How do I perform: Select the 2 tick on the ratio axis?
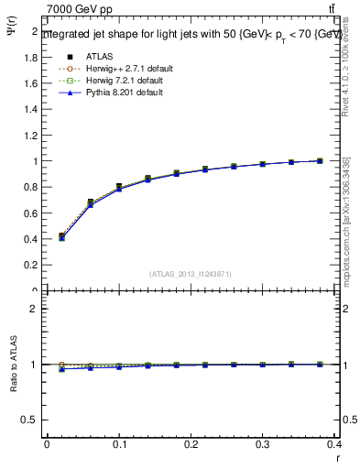[x=36, y=309]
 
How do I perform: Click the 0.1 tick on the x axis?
[x=118, y=444]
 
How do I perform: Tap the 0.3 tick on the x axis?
[x=263, y=444]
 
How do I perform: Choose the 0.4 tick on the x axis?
[x=334, y=444]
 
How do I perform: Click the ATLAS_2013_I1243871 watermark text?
[x=190, y=274]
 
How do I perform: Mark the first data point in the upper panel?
[x=61, y=236]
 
